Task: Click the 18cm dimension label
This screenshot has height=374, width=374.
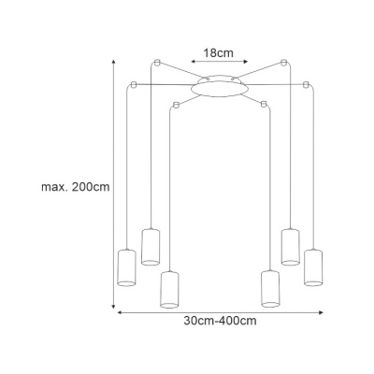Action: pos(218,53)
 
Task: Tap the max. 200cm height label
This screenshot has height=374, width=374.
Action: pos(76,187)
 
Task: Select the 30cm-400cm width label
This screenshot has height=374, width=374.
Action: pos(220,321)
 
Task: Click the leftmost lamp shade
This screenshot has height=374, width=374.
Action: pos(126,267)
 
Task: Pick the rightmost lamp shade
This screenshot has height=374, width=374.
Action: pos(313,267)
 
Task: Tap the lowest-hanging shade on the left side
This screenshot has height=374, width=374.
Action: pos(169,290)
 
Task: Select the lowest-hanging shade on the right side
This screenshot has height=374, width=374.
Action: pos(270,289)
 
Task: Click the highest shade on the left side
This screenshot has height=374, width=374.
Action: pos(151,247)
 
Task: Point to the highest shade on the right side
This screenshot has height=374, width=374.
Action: pos(291,247)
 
